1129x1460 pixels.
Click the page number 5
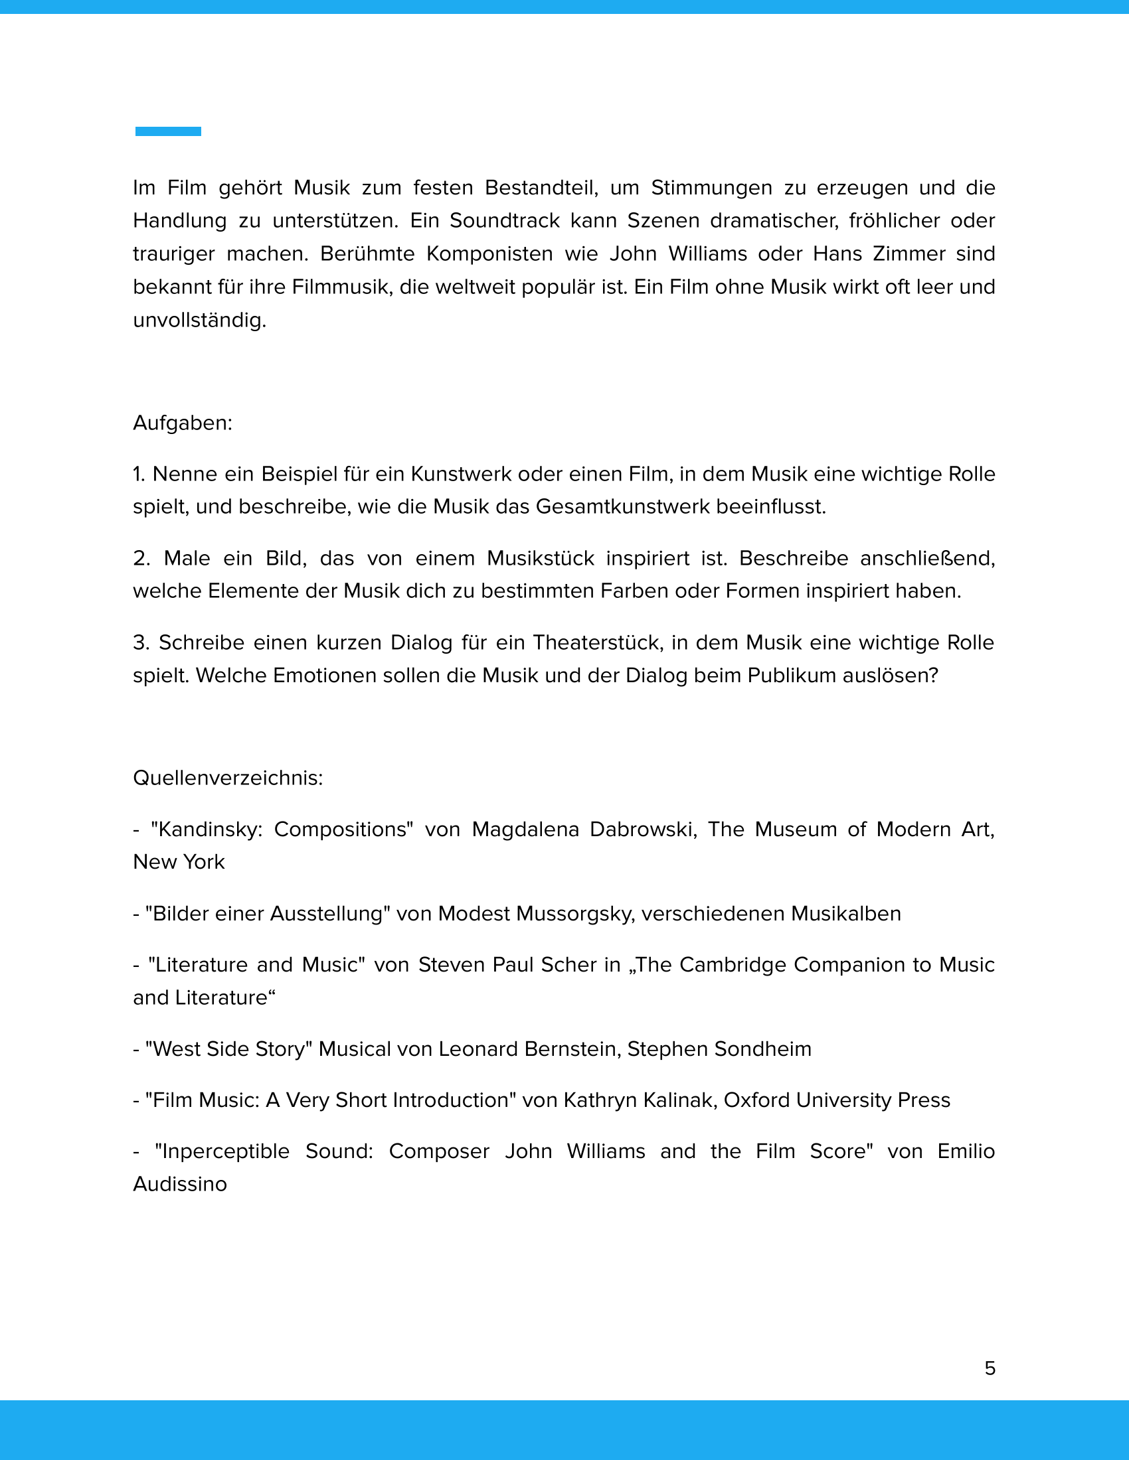coord(990,1368)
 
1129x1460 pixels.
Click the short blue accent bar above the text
coord(168,131)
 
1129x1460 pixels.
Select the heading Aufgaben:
coord(183,423)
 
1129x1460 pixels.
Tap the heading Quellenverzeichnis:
coord(228,778)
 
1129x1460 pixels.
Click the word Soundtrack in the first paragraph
coord(504,220)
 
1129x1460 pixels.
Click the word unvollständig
coord(199,321)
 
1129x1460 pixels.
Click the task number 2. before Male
coord(141,558)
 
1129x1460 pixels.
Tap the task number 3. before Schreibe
coord(140,642)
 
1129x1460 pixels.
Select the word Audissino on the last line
coord(180,1185)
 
